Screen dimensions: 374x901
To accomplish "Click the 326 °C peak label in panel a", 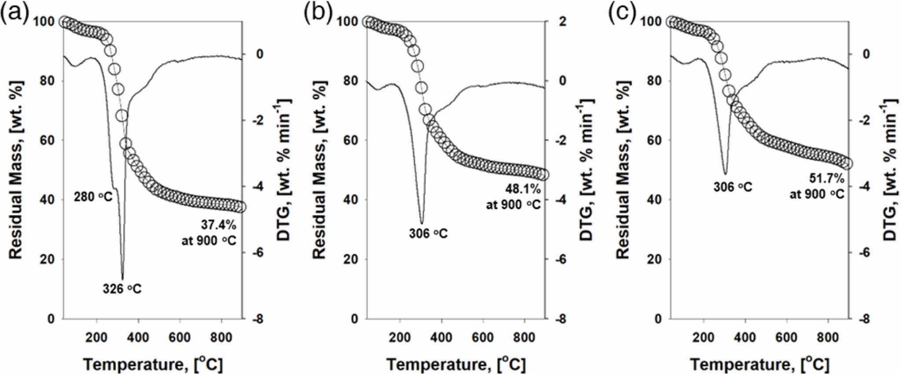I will [122, 289].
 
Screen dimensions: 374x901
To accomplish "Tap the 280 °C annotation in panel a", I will [93, 197].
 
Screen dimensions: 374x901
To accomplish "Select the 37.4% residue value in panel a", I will [219, 224].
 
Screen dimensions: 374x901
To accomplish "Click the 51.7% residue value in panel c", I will [827, 178].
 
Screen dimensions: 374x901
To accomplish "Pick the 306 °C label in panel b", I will [428, 233].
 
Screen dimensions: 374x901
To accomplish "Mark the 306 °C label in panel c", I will [732, 187].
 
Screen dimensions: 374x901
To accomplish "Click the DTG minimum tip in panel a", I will [122, 279].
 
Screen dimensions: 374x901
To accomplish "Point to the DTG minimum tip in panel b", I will [422, 223].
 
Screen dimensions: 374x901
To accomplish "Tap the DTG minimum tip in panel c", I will [725, 174].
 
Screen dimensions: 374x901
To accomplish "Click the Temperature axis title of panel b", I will [456, 364].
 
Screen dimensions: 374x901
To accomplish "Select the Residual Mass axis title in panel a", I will [16, 169].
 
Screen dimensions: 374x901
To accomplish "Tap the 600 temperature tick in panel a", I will [180, 337].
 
